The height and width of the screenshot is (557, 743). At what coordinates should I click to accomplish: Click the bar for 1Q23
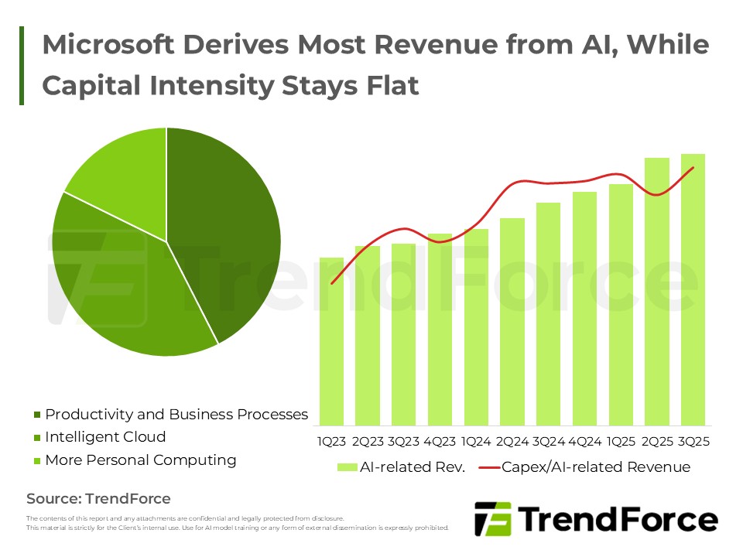[331, 340]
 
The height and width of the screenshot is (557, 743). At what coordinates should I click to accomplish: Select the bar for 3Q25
[693, 290]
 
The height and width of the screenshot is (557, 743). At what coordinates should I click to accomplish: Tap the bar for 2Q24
[512, 321]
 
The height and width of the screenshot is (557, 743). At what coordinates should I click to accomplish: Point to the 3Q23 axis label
[404, 442]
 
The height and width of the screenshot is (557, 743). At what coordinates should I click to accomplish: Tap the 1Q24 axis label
[476, 442]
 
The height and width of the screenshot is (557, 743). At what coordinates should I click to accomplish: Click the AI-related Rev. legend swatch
[346, 467]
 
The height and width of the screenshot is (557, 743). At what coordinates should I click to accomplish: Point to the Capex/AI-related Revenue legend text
[596, 467]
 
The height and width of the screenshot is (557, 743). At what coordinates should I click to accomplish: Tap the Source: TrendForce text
[98, 499]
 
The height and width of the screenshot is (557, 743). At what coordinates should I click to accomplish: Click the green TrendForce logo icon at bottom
[492, 519]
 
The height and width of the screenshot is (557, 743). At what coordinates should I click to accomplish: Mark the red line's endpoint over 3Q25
[693, 167]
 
